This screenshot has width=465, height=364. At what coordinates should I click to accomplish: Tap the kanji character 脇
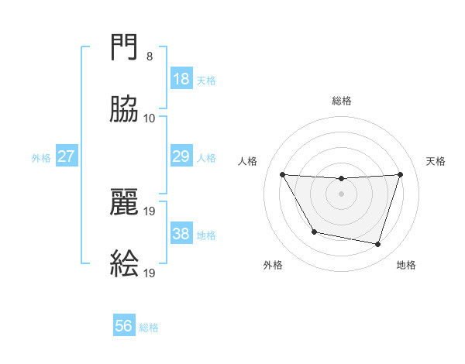pyautogui.click(x=125, y=110)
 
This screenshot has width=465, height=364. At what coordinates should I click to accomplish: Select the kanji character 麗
pyautogui.click(x=125, y=202)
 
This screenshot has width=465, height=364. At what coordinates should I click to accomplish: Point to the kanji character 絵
pyautogui.click(x=125, y=263)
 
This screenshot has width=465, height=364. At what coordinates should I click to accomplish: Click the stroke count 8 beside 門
pyautogui.click(x=149, y=57)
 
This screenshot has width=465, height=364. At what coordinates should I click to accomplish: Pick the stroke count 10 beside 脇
pyautogui.click(x=149, y=118)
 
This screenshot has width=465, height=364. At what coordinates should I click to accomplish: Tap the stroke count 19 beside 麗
pyautogui.click(x=150, y=210)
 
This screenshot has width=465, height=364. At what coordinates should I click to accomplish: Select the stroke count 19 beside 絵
pyautogui.click(x=150, y=272)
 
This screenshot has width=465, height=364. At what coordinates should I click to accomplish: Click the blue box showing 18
pyautogui.click(x=181, y=79)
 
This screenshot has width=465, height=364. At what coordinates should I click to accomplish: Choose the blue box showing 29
pyautogui.click(x=181, y=156)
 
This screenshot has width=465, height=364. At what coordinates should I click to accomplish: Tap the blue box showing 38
pyautogui.click(x=181, y=234)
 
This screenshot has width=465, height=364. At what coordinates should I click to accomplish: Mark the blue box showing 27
pyautogui.click(x=67, y=156)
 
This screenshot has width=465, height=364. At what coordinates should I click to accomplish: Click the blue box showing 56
pyautogui.click(x=124, y=326)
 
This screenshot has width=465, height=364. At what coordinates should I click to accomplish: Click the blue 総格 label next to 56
pyautogui.click(x=150, y=327)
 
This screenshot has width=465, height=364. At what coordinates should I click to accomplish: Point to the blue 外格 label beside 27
pyautogui.click(x=41, y=157)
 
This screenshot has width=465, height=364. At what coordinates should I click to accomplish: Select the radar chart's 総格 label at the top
pyautogui.click(x=342, y=101)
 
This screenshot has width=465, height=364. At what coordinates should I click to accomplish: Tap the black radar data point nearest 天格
pyautogui.click(x=400, y=175)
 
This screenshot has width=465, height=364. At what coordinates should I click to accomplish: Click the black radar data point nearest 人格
pyautogui.click(x=283, y=175)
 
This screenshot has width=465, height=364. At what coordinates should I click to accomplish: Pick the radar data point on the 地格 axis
pyautogui.click(x=378, y=245)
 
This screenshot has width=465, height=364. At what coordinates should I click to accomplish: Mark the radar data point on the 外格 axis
pyautogui.click(x=314, y=232)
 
